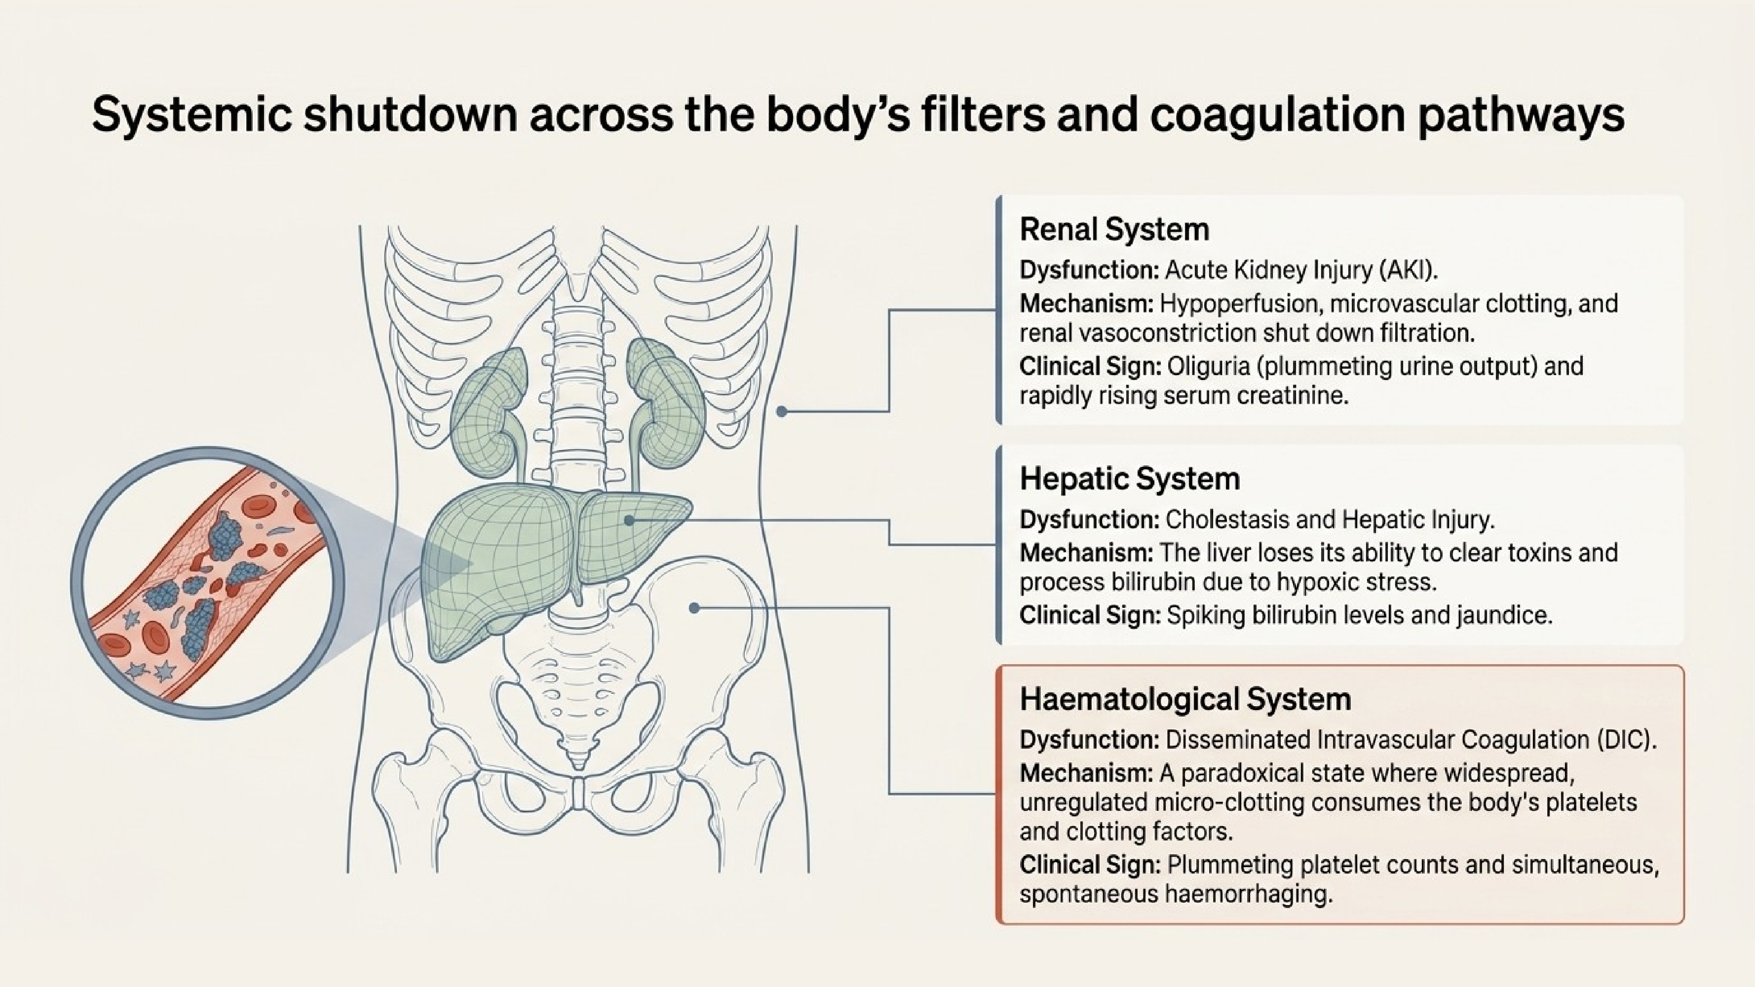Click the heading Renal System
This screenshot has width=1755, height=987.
coord(1114,229)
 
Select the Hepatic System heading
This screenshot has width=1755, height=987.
coord(1130,479)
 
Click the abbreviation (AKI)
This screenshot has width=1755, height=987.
coord(1408,270)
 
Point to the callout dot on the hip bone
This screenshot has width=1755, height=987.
coord(694,607)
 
